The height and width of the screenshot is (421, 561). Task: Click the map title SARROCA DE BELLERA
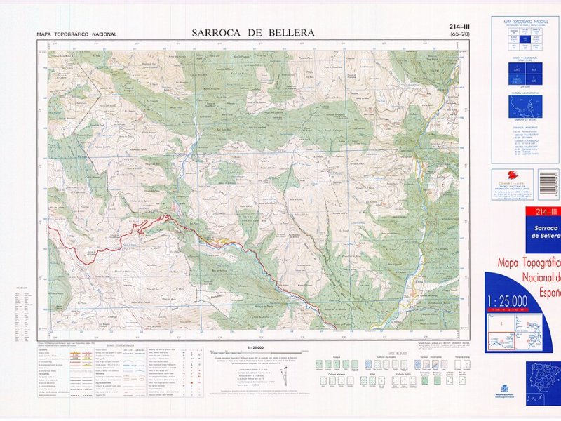pos(253,32)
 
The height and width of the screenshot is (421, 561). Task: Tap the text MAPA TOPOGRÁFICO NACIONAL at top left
pos(76,34)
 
